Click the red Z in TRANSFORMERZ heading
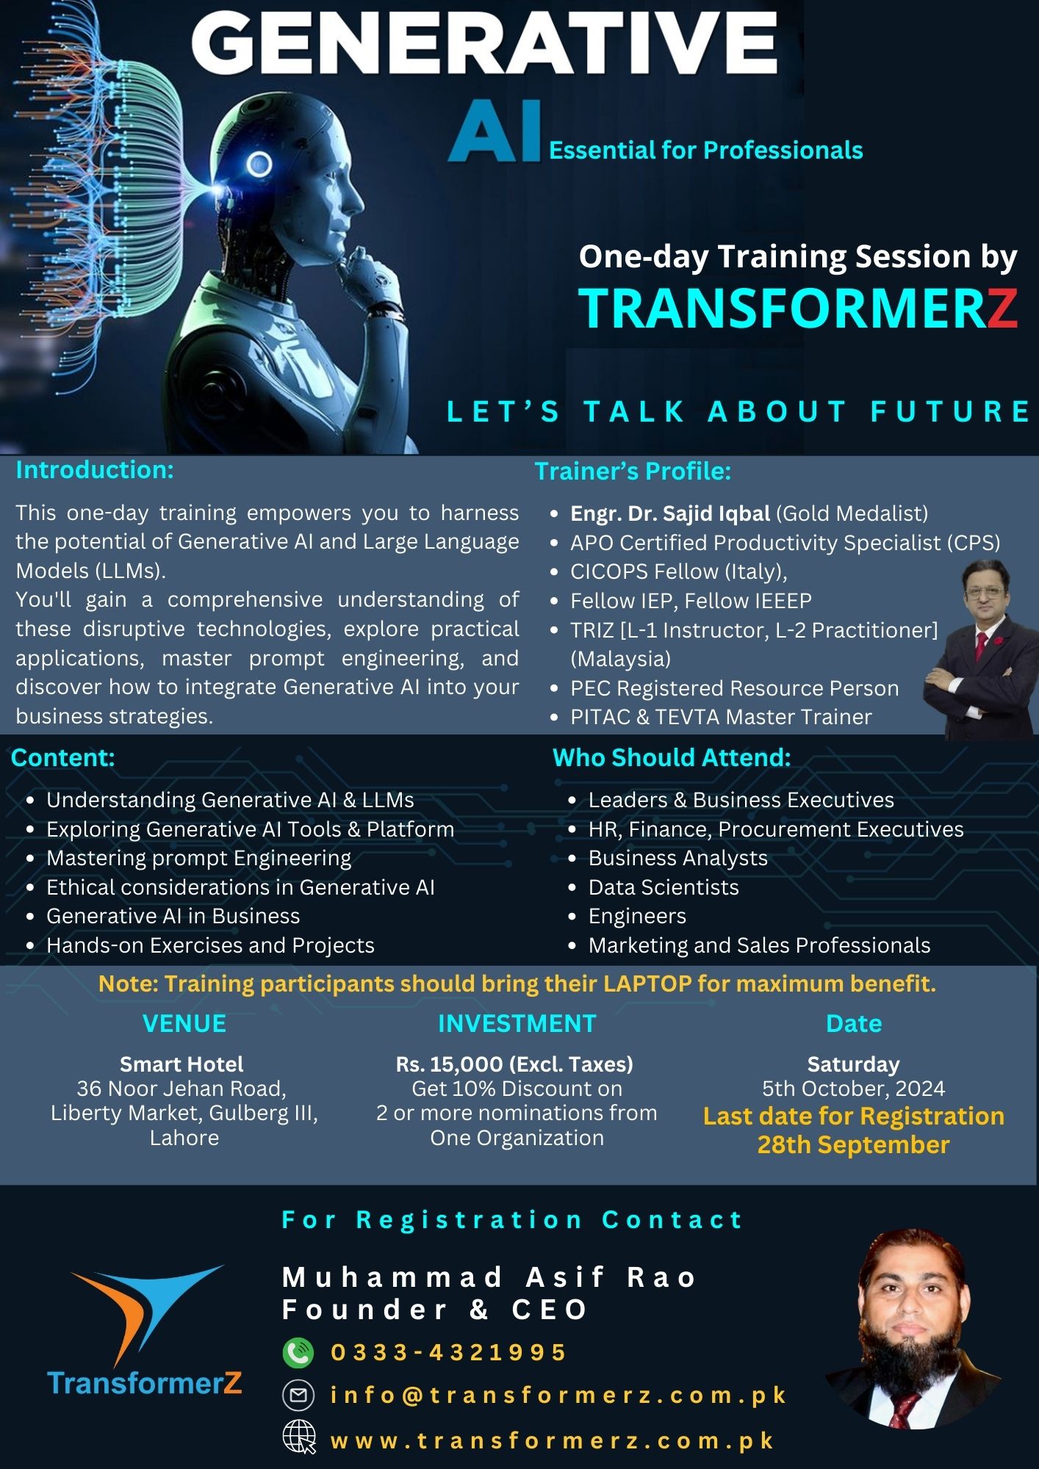(1002, 308)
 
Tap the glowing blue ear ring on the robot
(259, 164)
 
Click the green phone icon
(298, 1352)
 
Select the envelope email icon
(298, 1395)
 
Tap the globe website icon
(299, 1437)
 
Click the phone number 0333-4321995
(448, 1352)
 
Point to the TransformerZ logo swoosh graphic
(147, 1315)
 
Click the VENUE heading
(184, 1023)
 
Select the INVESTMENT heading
(517, 1023)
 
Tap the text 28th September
(854, 1144)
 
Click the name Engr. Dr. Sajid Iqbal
(670, 513)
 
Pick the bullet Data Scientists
(664, 887)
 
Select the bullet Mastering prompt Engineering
(198, 859)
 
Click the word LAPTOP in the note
(647, 983)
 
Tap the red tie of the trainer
(979, 647)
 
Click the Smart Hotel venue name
(181, 1064)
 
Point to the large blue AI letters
(495, 132)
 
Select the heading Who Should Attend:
(672, 757)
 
